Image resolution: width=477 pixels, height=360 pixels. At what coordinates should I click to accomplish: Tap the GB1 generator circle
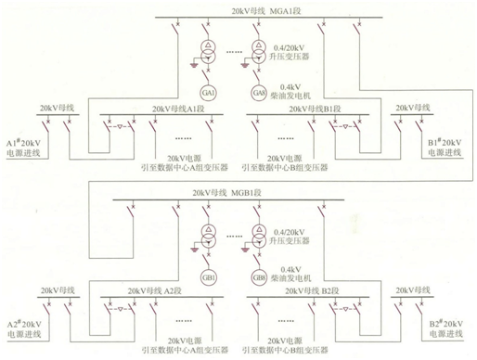(x=209, y=277)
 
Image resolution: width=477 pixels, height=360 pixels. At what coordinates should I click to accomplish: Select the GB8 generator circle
(x=260, y=277)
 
